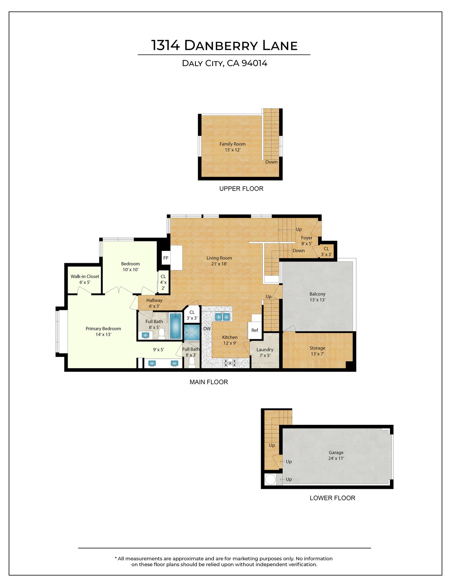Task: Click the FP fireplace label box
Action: pos(166,258)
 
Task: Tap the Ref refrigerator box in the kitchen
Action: pos(254,330)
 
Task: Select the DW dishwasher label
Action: pos(207,329)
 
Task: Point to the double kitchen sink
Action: pos(223,317)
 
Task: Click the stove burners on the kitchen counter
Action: pos(230,362)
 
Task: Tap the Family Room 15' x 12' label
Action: pos(233,147)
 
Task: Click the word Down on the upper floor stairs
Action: pos(271,162)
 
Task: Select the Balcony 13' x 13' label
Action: pos(317,297)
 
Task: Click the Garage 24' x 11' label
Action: pos(336,455)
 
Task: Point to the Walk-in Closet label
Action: pos(85,279)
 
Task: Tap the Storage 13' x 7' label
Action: pos(317,351)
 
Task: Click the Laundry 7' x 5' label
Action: pos(265,352)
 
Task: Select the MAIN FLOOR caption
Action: pos(209,382)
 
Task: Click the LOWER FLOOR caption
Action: pos(332,498)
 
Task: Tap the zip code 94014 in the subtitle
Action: pos(254,63)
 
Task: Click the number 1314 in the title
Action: pos(166,45)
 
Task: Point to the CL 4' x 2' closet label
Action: pos(163,282)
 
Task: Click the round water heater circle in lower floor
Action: pos(271,480)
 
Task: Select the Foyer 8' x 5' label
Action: pos(307,241)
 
